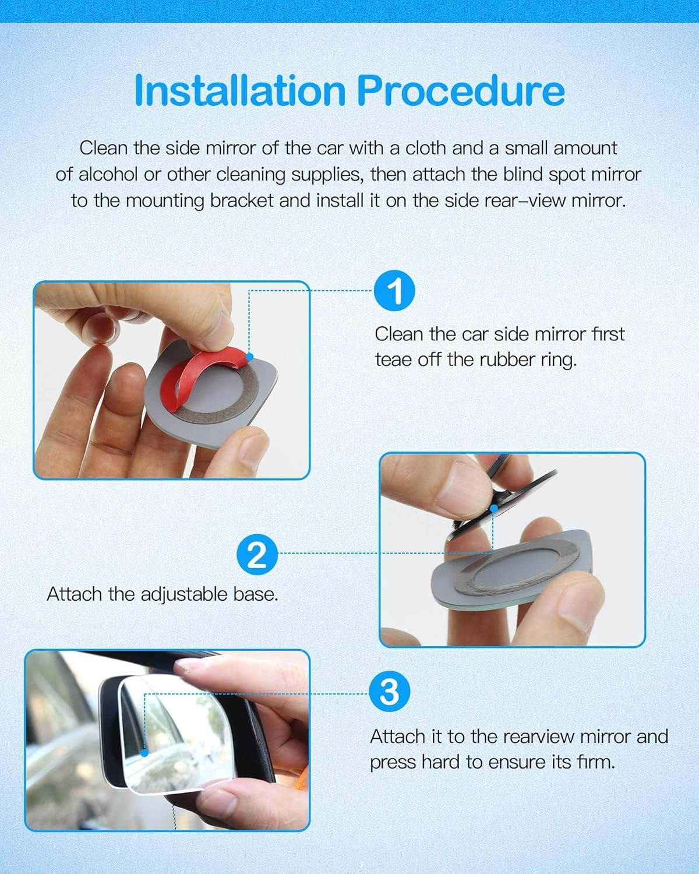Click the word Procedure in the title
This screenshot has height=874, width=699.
pos(460,91)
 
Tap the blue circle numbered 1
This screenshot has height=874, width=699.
pos(394,291)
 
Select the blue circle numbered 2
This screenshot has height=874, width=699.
pos(257,554)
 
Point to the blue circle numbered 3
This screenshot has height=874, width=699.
pos(390,693)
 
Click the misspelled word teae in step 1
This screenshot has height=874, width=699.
pos(394,360)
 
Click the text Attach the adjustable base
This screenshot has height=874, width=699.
pos(162,594)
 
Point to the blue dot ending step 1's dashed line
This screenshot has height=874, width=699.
pos(249,356)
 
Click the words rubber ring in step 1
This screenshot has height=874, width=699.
pos(528,360)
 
